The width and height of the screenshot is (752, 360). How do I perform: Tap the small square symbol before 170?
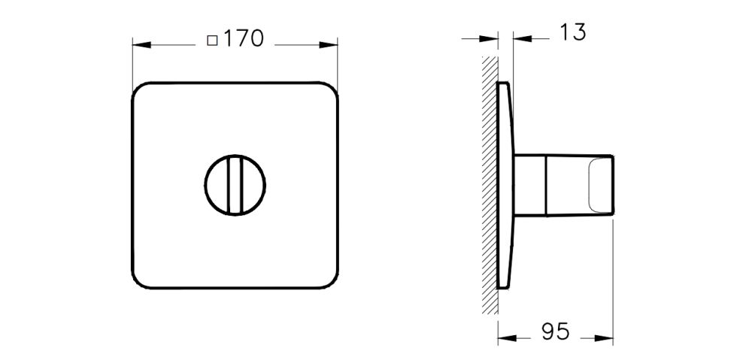(212, 40)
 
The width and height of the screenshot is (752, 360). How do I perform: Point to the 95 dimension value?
(554, 331)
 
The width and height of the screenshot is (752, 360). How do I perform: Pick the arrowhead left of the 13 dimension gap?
(491, 38)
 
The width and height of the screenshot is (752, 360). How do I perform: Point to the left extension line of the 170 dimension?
(132, 64)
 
